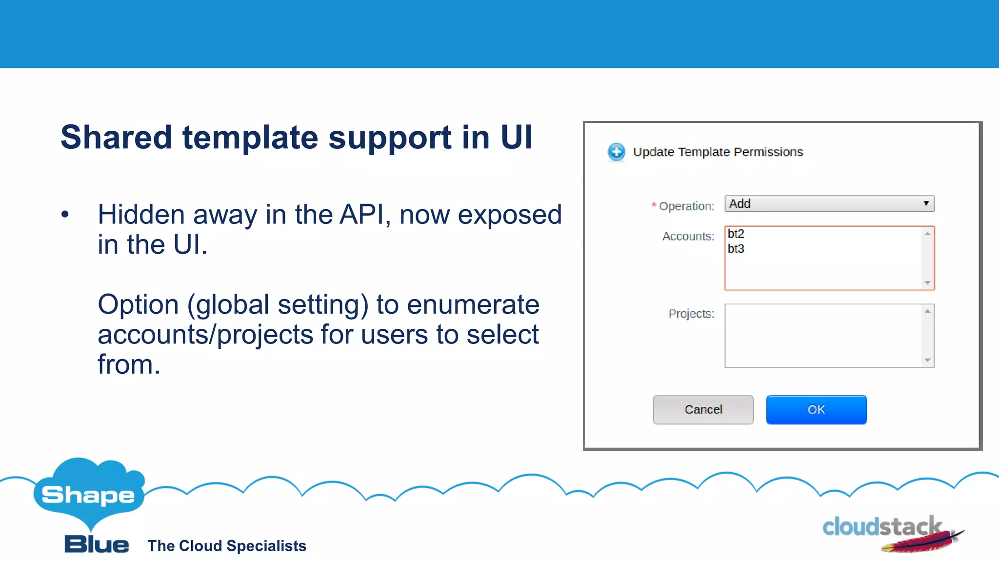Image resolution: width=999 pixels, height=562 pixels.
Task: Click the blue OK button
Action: [816, 410]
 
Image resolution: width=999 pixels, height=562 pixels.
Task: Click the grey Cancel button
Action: [703, 410]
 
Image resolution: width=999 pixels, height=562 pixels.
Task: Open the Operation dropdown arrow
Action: [925, 203]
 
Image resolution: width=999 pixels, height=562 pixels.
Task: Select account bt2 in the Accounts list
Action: [736, 234]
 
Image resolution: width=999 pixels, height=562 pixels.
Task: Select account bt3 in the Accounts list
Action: [736, 249]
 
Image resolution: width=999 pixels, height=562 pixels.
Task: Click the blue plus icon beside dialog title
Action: [616, 152]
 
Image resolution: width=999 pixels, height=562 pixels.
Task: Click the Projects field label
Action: [691, 314]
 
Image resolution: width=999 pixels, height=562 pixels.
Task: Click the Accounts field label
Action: [688, 237]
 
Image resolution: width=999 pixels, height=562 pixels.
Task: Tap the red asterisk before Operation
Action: [654, 205]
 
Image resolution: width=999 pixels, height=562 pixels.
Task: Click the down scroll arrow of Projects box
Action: [927, 361]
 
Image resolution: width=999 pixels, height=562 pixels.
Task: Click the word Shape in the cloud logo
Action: [88, 495]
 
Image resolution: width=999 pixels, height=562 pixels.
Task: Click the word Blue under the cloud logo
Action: [97, 544]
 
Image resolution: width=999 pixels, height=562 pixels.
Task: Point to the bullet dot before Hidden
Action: [65, 215]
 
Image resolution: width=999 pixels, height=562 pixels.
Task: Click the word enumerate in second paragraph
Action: [473, 305]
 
